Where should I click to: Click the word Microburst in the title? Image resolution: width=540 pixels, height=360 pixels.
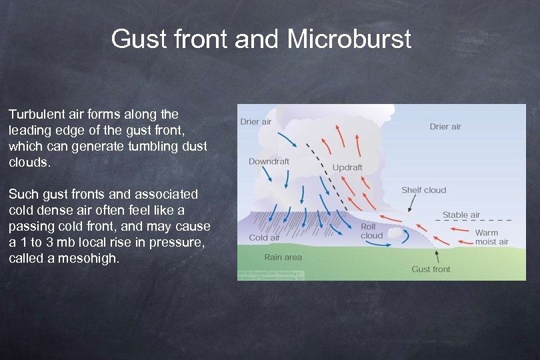pos(349,39)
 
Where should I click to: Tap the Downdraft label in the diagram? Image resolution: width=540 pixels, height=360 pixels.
pos(269,161)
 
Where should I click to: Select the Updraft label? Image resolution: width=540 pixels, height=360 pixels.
pos(347,167)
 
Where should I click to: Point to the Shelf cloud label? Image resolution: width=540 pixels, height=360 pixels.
pos(423,190)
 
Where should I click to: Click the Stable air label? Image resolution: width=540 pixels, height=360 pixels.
pos(461,215)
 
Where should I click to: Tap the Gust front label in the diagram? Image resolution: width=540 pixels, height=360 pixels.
pos(431,269)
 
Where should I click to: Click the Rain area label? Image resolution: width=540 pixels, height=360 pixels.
pos(283,257)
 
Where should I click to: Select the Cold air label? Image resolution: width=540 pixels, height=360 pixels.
pos(264,238)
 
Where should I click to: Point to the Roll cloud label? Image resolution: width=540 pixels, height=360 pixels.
pos(371,231)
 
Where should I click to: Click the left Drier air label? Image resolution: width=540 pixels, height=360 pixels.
pos(256,122)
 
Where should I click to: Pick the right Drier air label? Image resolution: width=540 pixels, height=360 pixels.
pos(445,127)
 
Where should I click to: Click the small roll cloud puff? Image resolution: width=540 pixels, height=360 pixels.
pos(397,233)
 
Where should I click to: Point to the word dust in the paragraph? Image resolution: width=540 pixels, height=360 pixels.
pos(194,146)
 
